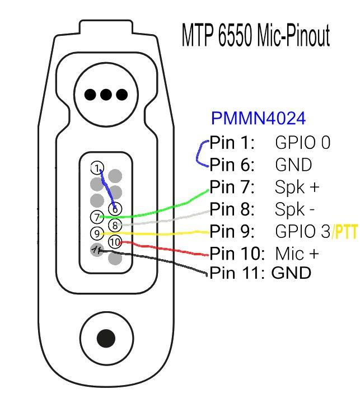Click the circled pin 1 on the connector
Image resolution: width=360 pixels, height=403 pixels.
(97, 168)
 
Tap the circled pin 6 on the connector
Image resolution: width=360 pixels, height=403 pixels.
(115, 209)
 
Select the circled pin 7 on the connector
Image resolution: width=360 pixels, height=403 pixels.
(97, 217)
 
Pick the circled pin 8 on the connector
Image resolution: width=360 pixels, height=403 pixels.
(115, 226)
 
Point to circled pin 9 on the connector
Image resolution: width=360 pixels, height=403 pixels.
(97, 233)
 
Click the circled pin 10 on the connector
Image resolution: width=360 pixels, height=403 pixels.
(115, 242)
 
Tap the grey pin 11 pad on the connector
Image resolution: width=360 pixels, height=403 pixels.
(97, 250)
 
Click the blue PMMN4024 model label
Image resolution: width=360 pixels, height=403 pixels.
(258, 118)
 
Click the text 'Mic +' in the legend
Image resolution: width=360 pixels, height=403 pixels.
(297, 254)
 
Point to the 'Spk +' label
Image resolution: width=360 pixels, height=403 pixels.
(297, 187)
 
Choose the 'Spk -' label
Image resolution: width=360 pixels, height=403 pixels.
(294, 209)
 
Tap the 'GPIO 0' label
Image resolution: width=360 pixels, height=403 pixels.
(303, 142)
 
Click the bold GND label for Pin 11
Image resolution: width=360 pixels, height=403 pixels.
(291, 273)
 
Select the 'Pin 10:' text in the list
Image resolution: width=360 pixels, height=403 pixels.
(237, 254)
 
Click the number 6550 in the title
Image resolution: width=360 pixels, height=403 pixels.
(235, 35)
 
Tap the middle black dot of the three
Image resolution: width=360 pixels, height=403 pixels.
(106, 95)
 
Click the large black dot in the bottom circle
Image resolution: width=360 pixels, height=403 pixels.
(106, 338)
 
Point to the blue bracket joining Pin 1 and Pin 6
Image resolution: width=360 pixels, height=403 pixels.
(197, 154)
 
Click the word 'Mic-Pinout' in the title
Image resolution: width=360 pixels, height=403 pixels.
(293, 35)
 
